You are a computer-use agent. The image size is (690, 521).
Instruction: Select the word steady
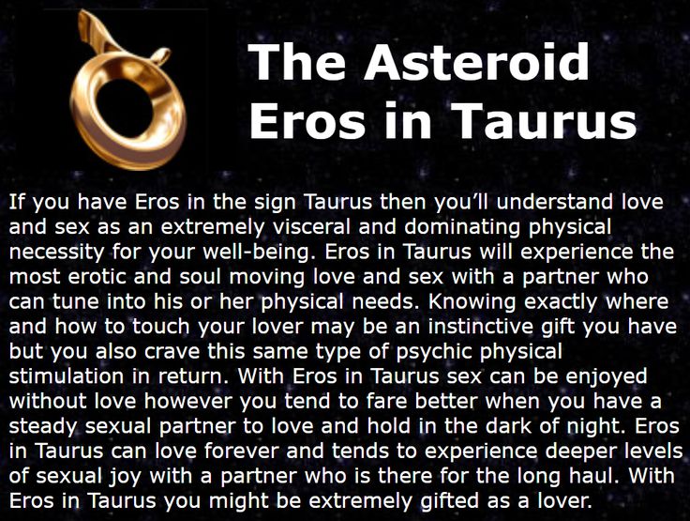pyautogui.click(x=37, y=426)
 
